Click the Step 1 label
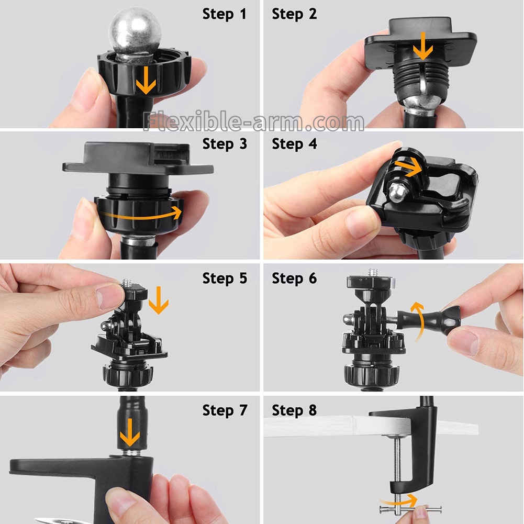pos(224,14)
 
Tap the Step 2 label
pos(294,14)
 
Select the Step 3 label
pos(225,144)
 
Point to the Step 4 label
pos(294,144)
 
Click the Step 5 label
pos(225,278)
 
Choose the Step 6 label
pos(294,278)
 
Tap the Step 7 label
pos(225,410)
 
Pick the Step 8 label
pos(294,410)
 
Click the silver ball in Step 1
pos(135,32)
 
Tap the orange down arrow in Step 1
pos(146,80)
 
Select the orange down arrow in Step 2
pos(423,46)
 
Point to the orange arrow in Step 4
pos(408,167)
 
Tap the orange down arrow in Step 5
pos(159,300)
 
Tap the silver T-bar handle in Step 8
pos(411,510)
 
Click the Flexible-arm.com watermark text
pos(253,121)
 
